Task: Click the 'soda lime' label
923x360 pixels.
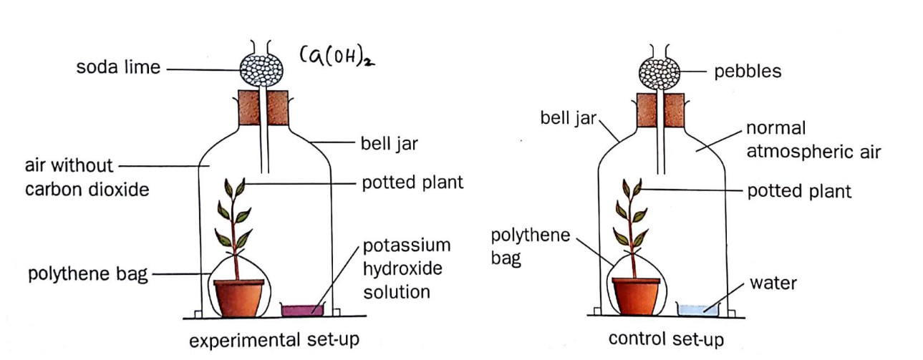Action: pyautogui.click(x=120, y=69)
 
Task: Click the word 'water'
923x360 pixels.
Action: pyautogui.click(x=773, y=283)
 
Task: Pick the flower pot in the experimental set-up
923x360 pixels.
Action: pyautogui.click(x=239, y=297)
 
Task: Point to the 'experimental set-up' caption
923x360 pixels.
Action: pyautogui.click(x=274, y=340)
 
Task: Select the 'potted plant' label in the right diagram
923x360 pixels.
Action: pyautogui.click(x=799, y=191)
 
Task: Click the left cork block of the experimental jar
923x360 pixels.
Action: pyautogui.click(x=250, y=107)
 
